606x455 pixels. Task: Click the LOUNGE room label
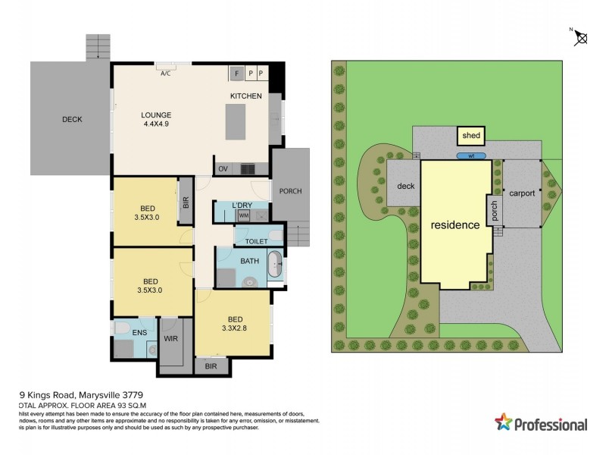[155, 115]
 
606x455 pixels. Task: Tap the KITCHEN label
[246, 96]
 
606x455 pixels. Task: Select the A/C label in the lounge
[165, 74]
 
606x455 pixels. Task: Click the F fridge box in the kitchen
[236, 73]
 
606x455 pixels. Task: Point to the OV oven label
[223, 168]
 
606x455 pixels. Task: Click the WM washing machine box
[243, 215]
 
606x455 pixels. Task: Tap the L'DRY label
[243, 206]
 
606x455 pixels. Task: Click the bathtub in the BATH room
[276, 267]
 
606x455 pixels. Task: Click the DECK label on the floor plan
[72, 119]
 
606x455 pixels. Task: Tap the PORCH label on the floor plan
[290, 191]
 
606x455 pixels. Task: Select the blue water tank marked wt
[470, 156]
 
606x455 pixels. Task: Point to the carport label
[521, 193]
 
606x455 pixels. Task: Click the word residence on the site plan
[455, 225]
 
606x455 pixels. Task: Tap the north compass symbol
[582, 36]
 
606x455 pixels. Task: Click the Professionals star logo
[503, 422]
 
